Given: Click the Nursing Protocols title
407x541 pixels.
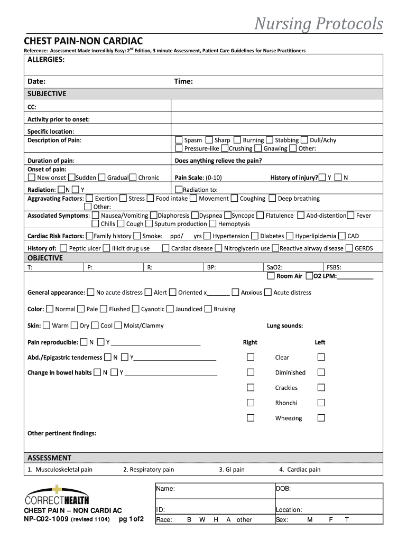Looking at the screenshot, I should tap(319, 24).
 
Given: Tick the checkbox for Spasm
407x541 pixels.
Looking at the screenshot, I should tap(179, 140).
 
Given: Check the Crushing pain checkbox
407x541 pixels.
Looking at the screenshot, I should tap(224, 148).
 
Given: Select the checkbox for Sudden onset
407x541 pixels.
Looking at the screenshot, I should tap(71, 178).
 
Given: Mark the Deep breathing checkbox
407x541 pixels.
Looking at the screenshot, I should tap(272, 199).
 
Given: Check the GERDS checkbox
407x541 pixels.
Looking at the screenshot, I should tap(349, 248).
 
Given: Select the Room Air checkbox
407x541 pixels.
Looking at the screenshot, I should tap(271, 276).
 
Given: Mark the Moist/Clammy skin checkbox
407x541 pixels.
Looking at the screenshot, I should tap(118, 325).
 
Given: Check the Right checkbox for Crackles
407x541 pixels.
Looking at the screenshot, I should tap(251, 387).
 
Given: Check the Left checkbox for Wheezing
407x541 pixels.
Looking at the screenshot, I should tap(321, 418).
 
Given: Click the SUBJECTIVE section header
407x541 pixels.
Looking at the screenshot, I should tap(47, 94).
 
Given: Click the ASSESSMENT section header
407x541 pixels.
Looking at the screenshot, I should tap(49, 458).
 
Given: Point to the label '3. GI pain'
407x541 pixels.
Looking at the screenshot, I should tap(232, 469).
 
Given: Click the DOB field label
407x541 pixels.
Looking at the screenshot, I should tap(283, 489).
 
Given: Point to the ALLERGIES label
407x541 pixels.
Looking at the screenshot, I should tap(47, 60).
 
